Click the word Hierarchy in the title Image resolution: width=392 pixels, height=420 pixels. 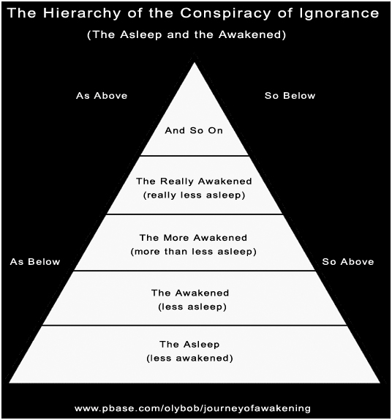click(82, 13)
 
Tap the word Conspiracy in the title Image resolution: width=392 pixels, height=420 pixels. click(225, 13)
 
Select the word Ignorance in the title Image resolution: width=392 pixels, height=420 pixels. click(339, 13)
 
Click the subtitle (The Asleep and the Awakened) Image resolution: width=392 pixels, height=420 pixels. click(186, 35)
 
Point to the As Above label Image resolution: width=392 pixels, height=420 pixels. click(102, 96)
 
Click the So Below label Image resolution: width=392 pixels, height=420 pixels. click(290, 96)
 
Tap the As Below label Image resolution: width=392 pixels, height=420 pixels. click(35, 262)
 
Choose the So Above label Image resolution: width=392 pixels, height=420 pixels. click(348, 262)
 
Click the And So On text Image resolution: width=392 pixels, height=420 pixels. click(194, 130)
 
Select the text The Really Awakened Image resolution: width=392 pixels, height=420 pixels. click(194, 181)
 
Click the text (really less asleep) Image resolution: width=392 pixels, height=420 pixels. click(194, 195)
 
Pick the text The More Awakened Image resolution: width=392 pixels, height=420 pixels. click(193, 238)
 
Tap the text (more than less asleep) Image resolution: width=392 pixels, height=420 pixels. click(193, 252)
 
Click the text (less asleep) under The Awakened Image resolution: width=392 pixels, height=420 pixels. click(192, 307)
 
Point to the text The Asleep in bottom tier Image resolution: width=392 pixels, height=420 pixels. click(189, 344)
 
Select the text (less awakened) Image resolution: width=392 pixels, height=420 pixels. click(189, 358)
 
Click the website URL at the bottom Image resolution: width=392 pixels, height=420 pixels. click(192, 408)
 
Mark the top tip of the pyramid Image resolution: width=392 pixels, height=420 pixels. click(195, 63)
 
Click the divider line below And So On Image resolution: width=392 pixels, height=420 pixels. click(195, 155)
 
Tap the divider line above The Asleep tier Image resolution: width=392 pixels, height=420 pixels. click(195, 326)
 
